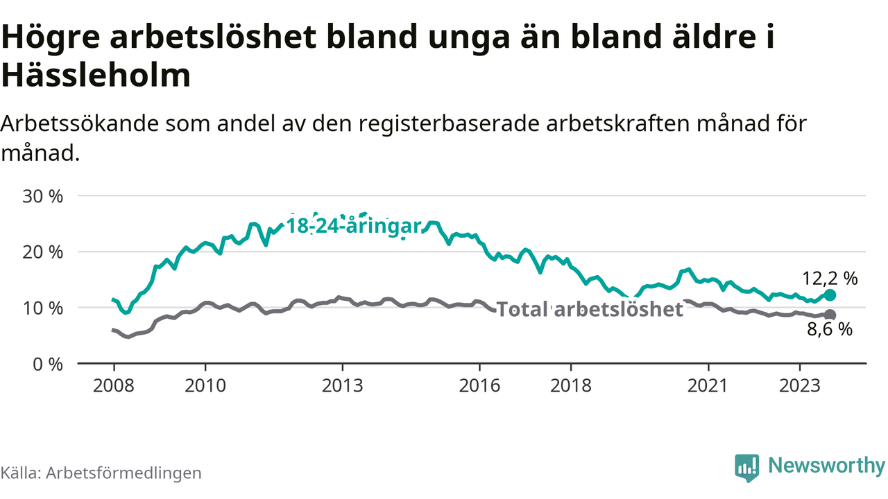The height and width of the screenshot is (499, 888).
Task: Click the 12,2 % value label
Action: [830, 279]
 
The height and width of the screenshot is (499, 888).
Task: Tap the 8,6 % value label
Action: [829, 330]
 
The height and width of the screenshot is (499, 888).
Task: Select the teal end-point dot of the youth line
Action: [830, 295]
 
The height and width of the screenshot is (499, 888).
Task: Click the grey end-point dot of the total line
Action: [830, 315]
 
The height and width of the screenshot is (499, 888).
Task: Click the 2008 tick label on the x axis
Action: [114, 385]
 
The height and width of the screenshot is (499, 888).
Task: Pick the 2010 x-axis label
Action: [205, 385]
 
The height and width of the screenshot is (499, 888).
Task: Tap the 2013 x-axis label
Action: [343, 385]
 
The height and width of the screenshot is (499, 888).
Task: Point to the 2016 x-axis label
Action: [479, 385]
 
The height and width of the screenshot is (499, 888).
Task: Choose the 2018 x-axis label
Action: [571, 385]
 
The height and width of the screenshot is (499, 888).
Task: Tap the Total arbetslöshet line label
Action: [590, 309]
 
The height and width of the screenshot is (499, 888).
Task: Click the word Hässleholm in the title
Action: [96, 75]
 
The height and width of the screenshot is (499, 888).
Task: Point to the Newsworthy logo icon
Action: [746, 468]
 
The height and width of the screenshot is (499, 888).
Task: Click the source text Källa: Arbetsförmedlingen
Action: [101, 473]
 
